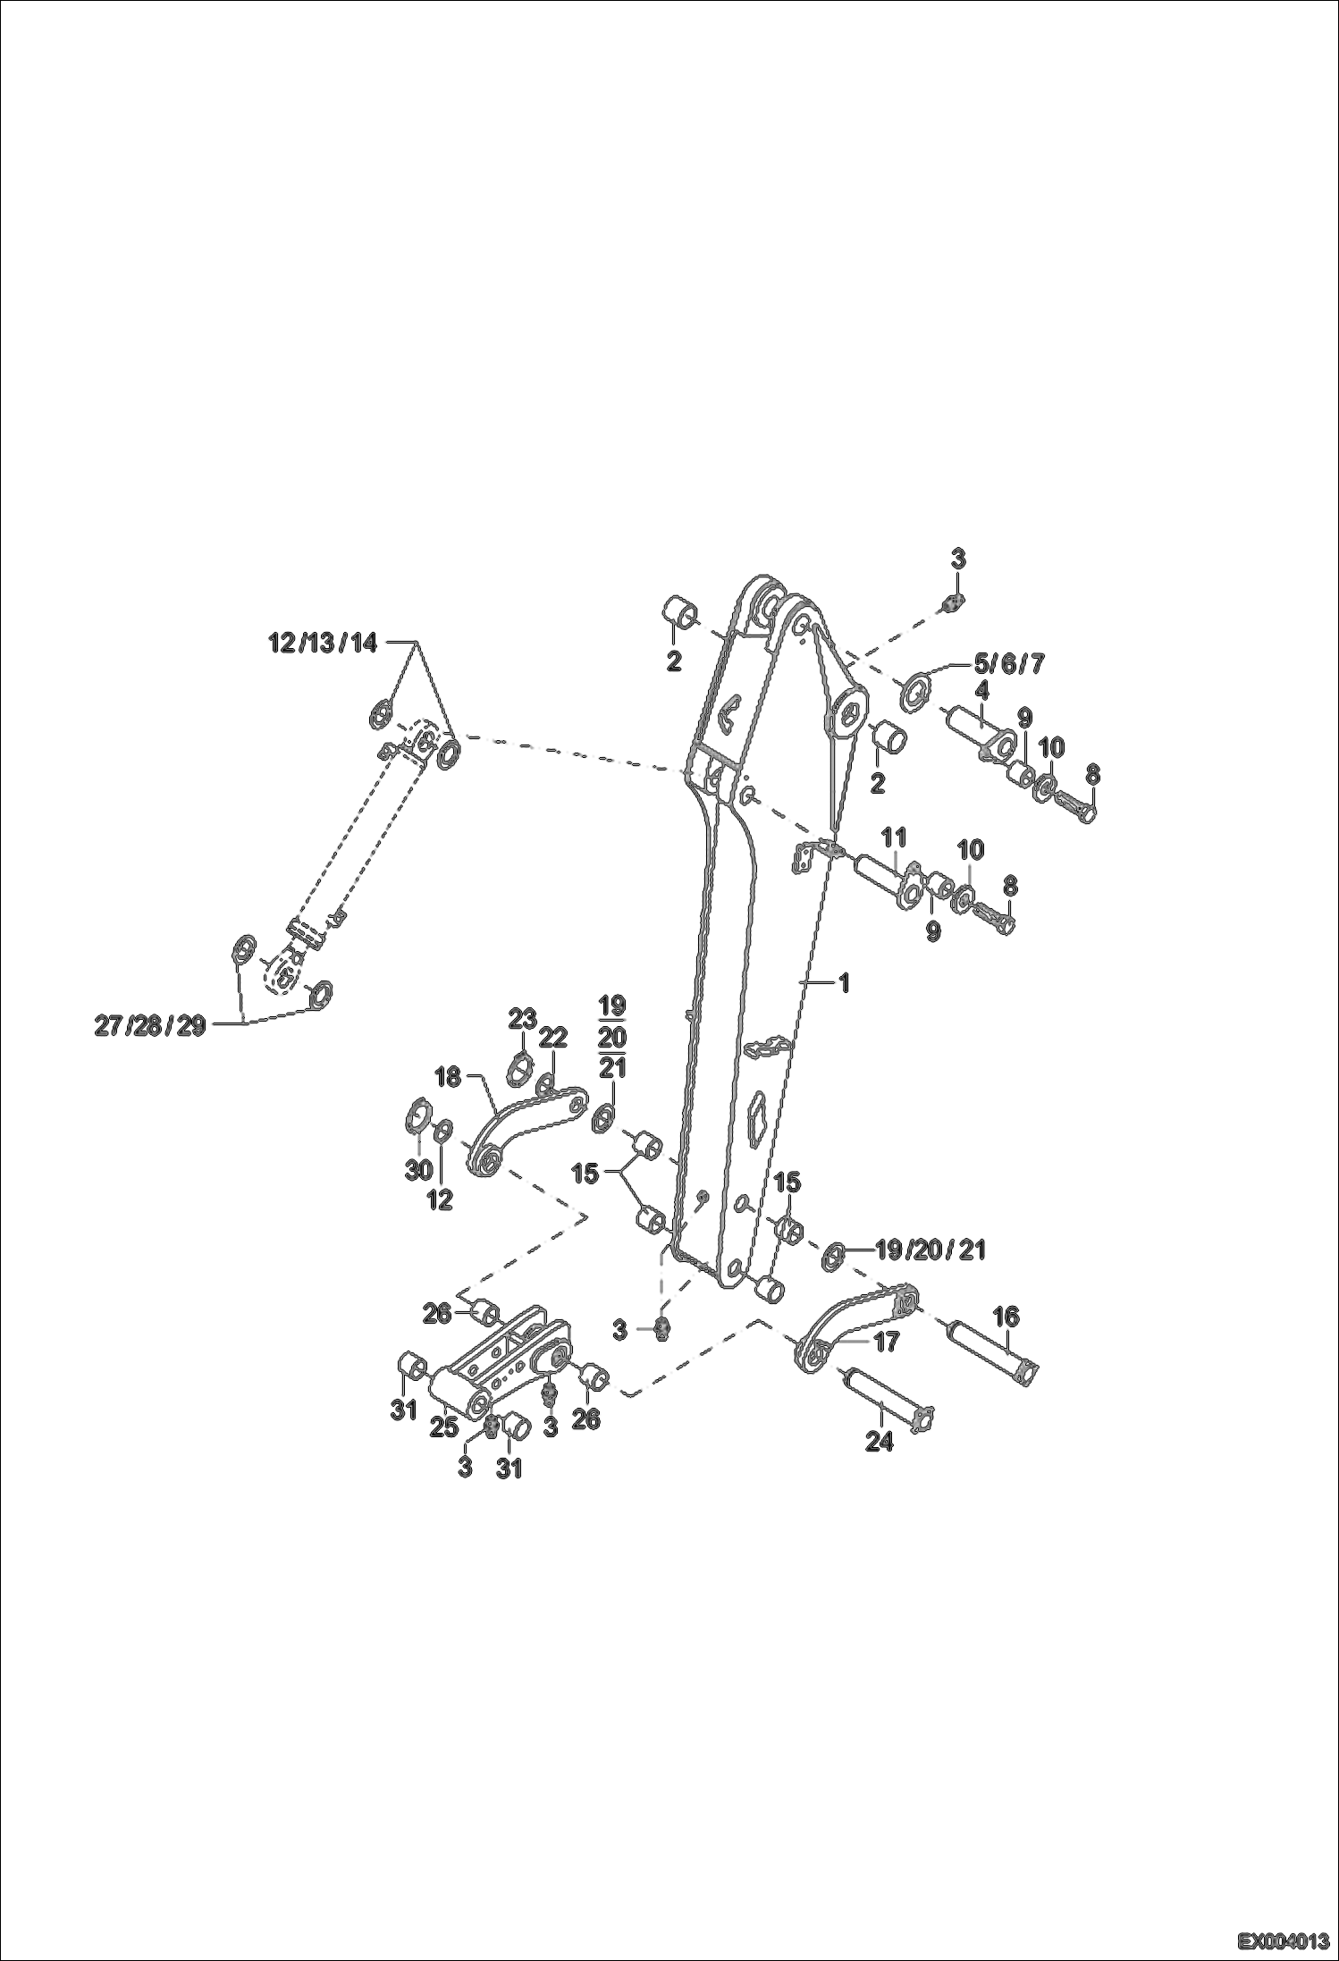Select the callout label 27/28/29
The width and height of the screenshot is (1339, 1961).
pyautogui.click(x=150, y=1026)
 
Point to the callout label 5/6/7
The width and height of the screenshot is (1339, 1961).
pyautogui.click(x=1008, y=663)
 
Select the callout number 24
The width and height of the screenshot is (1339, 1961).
pyautogui.click(x=880, y=1441)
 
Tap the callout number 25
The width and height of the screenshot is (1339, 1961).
pyautogui.click(x=444, y=1427)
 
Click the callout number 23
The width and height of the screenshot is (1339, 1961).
pyautogui.click(x=522, y=1017)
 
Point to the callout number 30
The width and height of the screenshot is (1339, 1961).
pyautogui.click(x=418, y=1169)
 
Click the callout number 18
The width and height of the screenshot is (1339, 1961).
pyautogui.click(x=448, y=1077)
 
